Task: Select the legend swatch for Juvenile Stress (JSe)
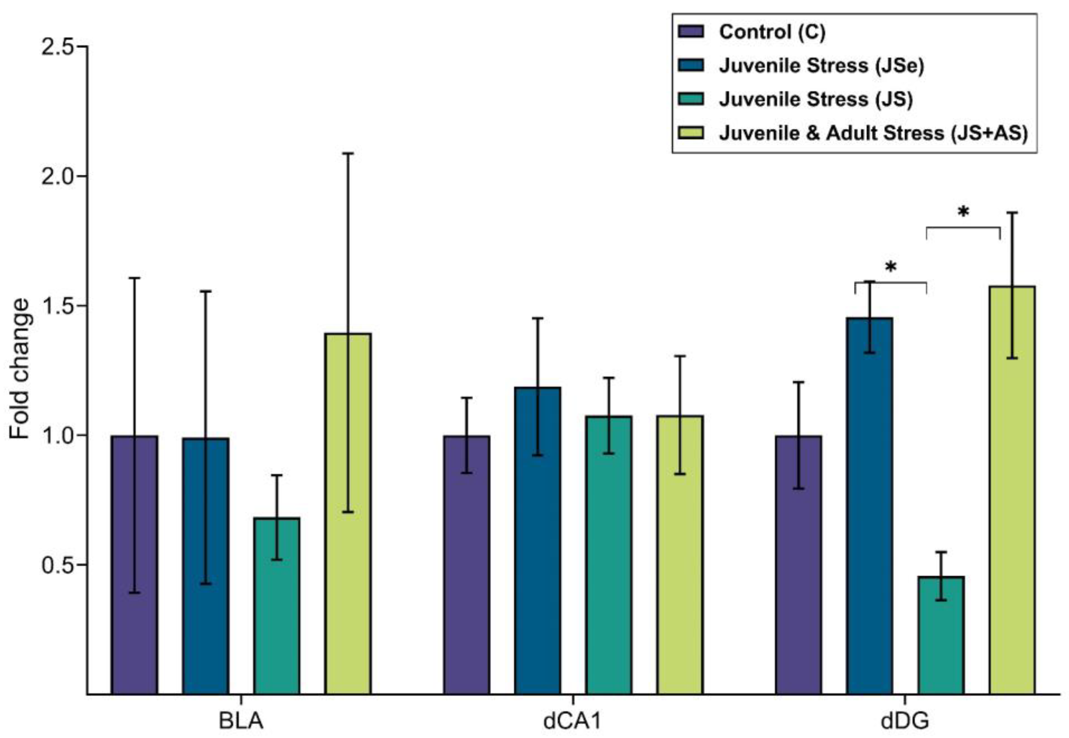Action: coord(691,65)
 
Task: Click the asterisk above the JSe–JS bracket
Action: coord(890,268)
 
